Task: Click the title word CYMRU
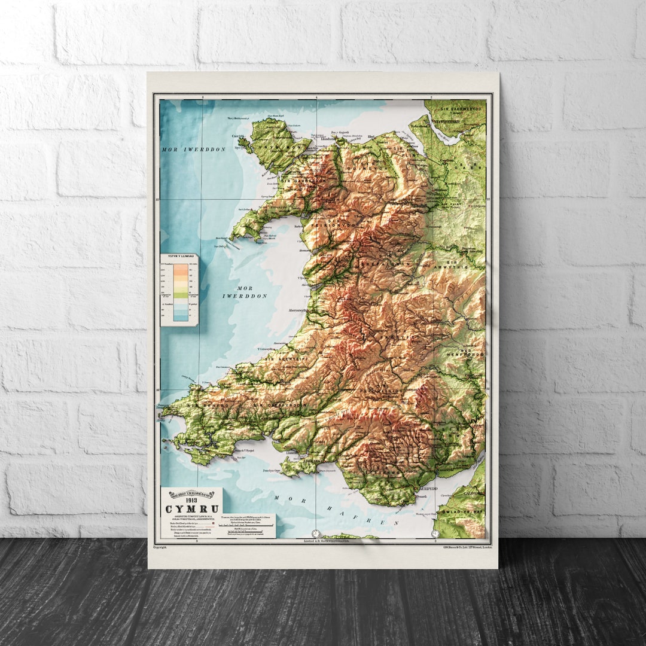tap(191, 510)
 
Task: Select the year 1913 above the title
tap(191, 500)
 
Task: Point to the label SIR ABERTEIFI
tap(282, 359)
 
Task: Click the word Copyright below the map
tap(160, 547)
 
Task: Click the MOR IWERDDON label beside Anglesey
tap(193, 150)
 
